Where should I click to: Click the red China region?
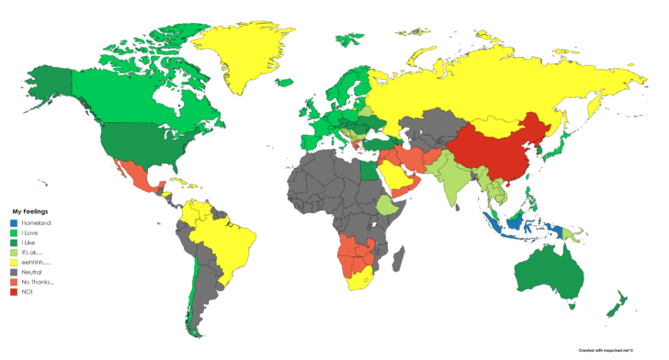pyautogui.click(x=501, y=147)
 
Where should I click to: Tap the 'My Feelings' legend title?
pyautogui.click(x=29, y=211)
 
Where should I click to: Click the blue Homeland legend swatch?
pyautogui.click(x=14, y=223)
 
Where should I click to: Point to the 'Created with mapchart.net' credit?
pyautogui.click(x=612, y=350)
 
